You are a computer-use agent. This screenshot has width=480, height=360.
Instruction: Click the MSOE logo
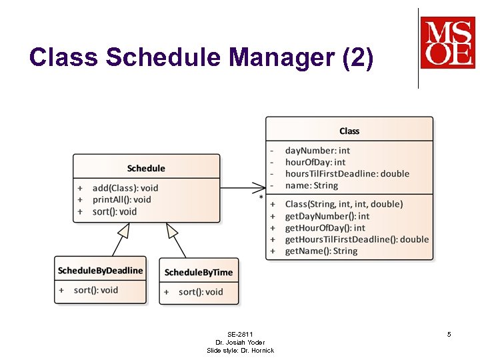[447, 43]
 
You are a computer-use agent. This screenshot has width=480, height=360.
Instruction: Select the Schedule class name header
[146, 168]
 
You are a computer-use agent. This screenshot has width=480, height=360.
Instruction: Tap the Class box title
[349, 131]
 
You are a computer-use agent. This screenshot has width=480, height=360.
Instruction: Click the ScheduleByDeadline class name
[100, 270]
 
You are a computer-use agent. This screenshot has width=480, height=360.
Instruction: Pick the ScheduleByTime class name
[199, 272]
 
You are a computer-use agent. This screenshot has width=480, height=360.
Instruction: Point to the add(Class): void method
[125, 188]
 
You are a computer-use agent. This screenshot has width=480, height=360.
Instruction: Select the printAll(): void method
[121, 199]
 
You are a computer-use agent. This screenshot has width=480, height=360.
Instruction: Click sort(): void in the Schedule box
[114, 211]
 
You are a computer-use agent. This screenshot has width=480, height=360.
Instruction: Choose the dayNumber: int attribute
[317, 151]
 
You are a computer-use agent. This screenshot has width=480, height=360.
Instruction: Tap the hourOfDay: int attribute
[315, 162]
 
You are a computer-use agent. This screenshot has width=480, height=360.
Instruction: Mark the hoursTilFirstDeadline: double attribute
[347, 173]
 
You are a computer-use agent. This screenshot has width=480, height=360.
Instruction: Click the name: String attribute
[311, 185]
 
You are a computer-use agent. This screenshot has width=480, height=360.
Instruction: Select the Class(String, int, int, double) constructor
[344, 204]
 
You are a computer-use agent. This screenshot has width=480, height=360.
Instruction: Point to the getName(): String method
[321, 251]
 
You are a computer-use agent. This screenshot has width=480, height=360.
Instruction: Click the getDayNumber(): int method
[327, 216]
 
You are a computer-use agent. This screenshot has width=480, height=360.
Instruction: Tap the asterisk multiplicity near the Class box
[261, 198]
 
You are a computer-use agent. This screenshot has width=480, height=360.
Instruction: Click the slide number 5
[449, 334]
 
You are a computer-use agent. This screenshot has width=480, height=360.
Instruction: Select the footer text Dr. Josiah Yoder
[240, 342]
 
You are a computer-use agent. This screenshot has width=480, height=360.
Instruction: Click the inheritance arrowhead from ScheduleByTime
[171, 231]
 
